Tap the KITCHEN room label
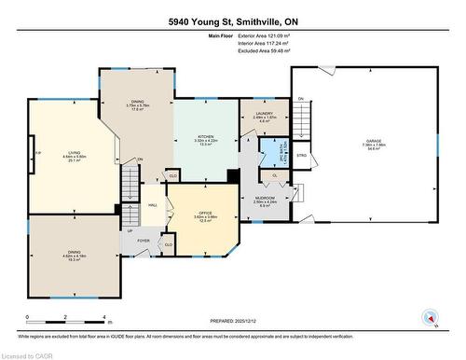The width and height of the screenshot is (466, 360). [205, 138]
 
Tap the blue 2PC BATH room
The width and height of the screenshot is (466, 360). [274, 154]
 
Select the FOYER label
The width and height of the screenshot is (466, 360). [144, 240]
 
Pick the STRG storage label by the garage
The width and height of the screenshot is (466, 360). [301, 156]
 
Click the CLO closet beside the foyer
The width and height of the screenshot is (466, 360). [168, 244]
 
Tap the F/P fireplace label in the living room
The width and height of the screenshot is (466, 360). [37, 153]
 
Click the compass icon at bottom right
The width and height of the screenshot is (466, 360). [429, 317]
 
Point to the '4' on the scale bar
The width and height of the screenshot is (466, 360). [103, 318]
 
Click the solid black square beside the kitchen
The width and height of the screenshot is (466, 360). [231, 175]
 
